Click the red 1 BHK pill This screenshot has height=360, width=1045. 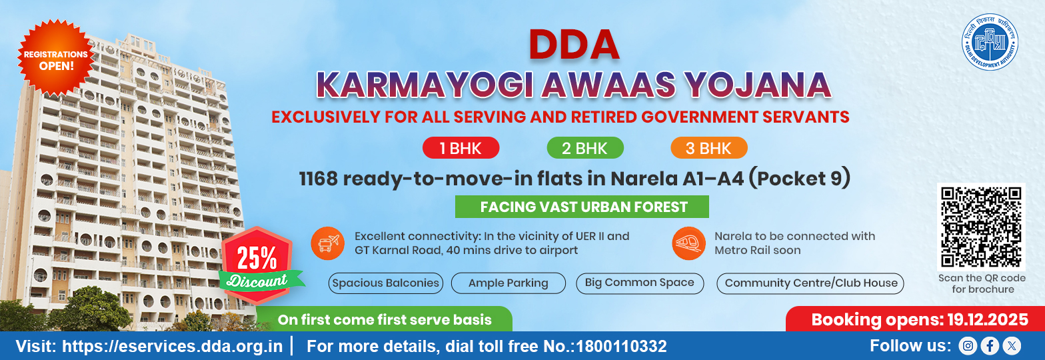[461, 148]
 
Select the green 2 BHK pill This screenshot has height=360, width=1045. [584, 148]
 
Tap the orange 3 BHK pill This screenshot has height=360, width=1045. [708, 148]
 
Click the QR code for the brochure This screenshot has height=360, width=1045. [981, 227]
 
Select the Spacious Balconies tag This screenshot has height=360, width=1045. [386, 283]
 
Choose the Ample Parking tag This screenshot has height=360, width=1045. [508, 283]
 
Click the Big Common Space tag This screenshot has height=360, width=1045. [639, 283]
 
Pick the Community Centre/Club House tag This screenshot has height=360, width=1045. [810, 283]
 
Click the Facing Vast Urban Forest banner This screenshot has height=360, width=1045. [582, 207]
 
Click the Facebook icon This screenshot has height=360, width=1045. [990, 345]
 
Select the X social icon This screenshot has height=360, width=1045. [1012, 345]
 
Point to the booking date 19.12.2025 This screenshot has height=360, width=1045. [988, 320]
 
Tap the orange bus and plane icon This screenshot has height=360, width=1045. [328, 243]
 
